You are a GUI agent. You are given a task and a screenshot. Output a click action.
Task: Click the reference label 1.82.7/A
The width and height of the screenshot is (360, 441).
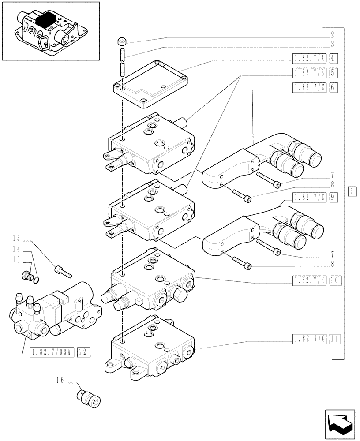(309, 58)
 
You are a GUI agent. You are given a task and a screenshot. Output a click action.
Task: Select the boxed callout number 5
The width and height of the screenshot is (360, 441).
(334, 73)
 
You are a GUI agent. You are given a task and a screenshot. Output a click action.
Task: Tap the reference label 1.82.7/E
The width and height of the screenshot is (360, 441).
(309, 280)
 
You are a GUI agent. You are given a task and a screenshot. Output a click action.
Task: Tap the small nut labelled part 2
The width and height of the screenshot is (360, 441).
(122, 42)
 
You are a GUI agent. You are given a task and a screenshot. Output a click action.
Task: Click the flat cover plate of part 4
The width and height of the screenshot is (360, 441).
(150, 84)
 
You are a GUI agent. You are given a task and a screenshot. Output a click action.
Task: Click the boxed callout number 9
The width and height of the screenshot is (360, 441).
(334, 198)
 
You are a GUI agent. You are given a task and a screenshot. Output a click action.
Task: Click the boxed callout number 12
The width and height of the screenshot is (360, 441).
(83, 352)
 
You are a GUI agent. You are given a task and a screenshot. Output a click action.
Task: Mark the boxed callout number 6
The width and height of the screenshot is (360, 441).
(334, 87)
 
